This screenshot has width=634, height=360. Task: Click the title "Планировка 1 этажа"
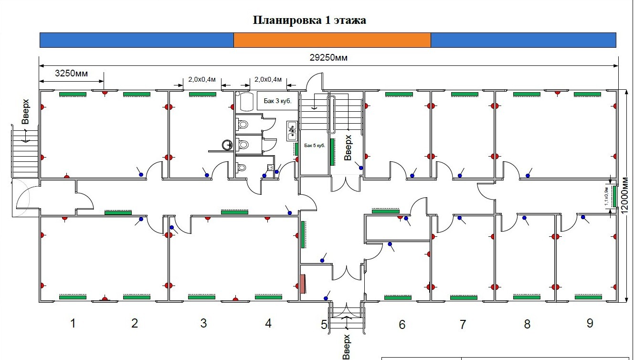309,21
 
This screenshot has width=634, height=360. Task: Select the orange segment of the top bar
332,40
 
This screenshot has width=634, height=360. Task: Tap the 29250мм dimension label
328,58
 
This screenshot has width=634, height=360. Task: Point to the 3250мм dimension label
72,74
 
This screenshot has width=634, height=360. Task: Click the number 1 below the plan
73,324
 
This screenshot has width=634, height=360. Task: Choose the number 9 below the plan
590,323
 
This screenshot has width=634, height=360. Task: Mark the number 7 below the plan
463,325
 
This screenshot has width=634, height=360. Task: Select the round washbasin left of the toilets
227,145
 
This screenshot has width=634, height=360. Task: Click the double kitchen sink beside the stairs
292,131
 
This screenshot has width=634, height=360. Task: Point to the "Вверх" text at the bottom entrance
347,347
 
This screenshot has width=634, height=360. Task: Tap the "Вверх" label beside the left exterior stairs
26,111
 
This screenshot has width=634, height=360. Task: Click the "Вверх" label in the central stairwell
348,148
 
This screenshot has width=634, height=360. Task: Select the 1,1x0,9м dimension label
606,196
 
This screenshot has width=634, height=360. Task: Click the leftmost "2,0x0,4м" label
202,79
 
